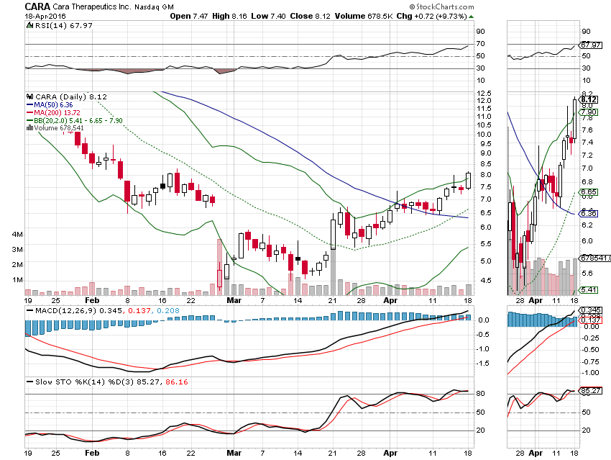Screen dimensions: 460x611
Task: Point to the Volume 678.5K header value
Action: tap(357, 16)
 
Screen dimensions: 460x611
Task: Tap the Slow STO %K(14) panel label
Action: tap(61, 382)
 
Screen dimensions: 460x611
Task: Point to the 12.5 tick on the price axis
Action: tap(483, 94)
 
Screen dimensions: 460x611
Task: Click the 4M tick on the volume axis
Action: tap(18, 235)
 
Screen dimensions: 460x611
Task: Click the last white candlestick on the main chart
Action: tap(469, 180)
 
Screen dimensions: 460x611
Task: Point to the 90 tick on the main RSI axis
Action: tap(480, 32)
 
